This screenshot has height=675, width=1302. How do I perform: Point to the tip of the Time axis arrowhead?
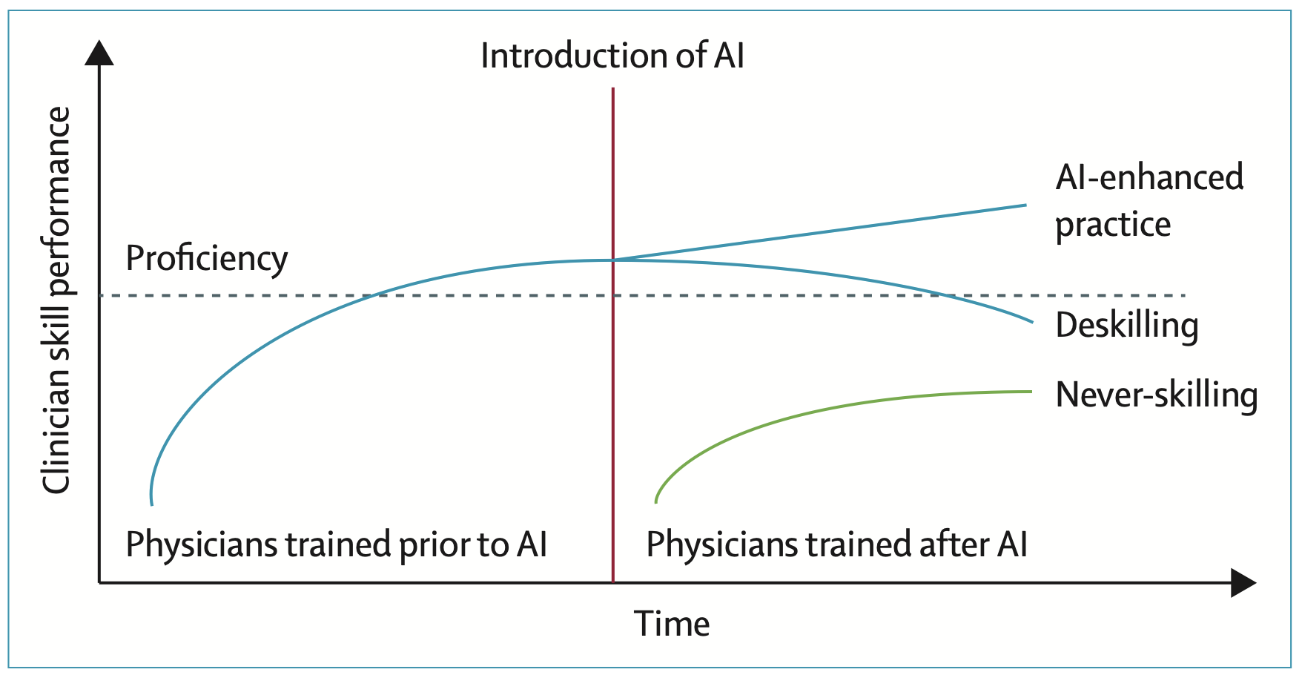click(1257, 583)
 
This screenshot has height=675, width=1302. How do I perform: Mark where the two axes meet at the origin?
click(99, 583)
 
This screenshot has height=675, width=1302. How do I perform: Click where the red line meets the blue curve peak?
click(613, 260)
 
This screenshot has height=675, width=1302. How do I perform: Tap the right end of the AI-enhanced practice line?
click(1026, 205)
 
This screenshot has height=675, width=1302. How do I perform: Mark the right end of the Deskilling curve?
click(1032, 322)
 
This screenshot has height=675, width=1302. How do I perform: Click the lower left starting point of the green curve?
click(656, 503)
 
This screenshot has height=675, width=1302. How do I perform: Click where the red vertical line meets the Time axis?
click(613, 583)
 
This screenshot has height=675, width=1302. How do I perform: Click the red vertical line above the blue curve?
click(613, 174)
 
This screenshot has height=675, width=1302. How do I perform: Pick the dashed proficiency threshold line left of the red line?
click(356, 296)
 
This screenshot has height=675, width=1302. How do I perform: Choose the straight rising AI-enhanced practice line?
click(819, 233)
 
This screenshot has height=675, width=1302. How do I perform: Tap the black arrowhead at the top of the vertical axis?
click(99, 53)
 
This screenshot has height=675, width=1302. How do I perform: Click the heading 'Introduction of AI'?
click(612, 56)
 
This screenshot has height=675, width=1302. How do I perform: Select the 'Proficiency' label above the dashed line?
click(207, 259)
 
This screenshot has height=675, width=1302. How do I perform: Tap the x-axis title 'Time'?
click(672, 624)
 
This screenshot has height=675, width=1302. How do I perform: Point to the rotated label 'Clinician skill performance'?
click(56, 300)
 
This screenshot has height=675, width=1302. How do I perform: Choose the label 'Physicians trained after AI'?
click(837, 545)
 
